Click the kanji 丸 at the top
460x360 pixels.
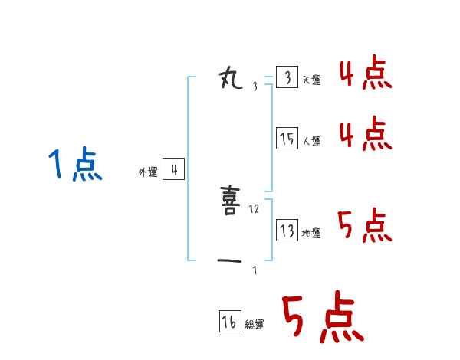(230, 78)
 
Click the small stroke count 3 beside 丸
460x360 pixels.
(255, 86)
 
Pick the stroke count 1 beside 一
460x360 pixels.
(255, 270)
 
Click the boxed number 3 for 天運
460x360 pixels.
(287, 78)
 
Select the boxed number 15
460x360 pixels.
(287, 139)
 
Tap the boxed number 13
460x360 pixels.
(287, 231)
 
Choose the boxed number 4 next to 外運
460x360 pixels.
(173, 170)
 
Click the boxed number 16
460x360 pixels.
(229, 322)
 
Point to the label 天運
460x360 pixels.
(311, 80)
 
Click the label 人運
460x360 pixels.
(311, 141)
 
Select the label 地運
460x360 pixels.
(311, 233)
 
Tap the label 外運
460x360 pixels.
(147, 172)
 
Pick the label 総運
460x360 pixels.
(254, 325)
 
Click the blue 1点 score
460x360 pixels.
(74, 165)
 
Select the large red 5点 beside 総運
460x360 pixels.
(322, 319)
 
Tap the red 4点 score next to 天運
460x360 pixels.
(365, 74)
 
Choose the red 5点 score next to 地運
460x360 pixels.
(365, 225)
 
